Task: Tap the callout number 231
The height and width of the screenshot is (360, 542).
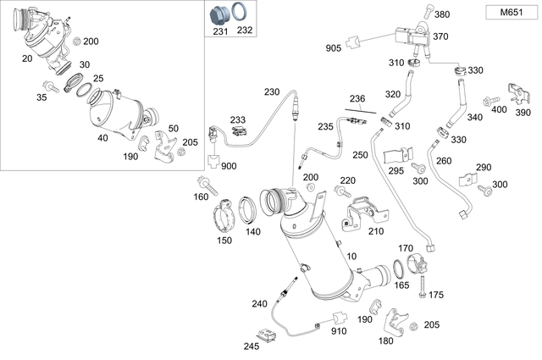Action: point(219,30)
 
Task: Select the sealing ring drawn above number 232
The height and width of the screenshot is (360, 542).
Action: point(242,13)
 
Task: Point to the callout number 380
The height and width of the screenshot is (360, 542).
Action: point(442,14)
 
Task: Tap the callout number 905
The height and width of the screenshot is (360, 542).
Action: point(334,48)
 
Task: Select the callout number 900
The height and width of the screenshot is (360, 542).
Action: point(229,166)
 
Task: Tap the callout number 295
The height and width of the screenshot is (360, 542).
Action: point(396,170)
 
